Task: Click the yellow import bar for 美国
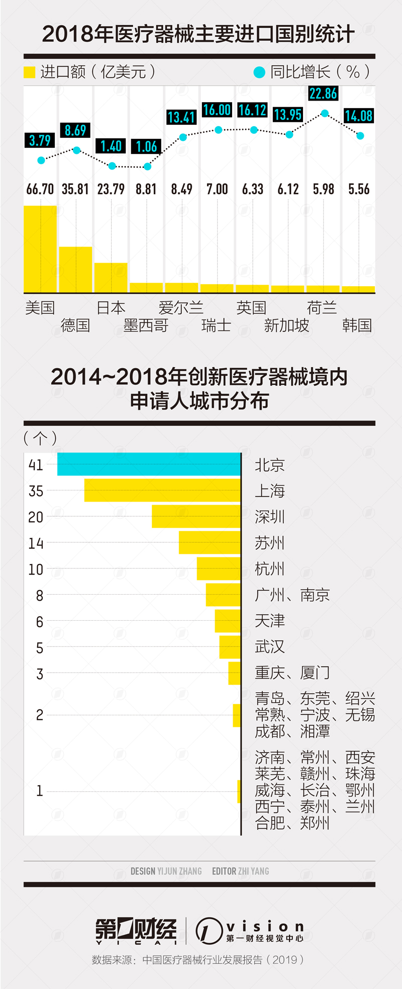tap(40, 249)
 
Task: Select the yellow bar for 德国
tap(75, 269)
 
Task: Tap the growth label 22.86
tap(323, 94)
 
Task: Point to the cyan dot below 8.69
tap(76, 150)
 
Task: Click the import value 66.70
tap(40, 189)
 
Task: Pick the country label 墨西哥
tap(146, 325)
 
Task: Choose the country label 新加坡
tap(286, 325)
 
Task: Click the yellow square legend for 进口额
tap(30, 72)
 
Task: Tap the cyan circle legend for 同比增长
tap(259, 72)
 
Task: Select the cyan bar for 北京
tap(149, 464)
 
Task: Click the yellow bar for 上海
tap(162, 490)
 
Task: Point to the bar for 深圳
tap(196, 516)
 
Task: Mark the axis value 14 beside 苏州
tap(36, 543)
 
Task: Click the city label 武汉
tap(270, 646)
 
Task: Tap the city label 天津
tap(270, 621)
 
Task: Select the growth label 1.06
tap(147, 147)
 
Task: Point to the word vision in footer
tap(265, 926)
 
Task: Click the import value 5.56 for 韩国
tap(359, 189)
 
